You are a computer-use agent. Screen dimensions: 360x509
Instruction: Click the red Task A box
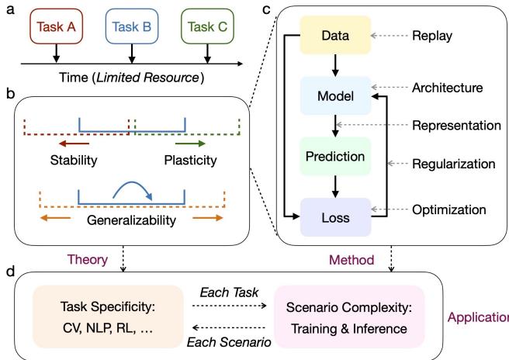(57, 26)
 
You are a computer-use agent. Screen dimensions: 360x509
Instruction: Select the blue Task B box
(132, 26)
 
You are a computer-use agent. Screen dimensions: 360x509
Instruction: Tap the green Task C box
(206, 26)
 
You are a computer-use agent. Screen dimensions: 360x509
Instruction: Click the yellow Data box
(336, 36)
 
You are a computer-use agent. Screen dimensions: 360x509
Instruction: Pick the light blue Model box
(336, 96)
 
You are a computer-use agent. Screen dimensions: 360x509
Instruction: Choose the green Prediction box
(336, 157)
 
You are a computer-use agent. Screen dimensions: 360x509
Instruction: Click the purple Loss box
(336, 216)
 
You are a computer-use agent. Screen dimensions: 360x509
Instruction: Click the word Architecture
(448, 88)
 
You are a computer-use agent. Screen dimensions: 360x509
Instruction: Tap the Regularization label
(453, 164)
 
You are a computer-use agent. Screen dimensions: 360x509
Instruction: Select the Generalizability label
(133, 220)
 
